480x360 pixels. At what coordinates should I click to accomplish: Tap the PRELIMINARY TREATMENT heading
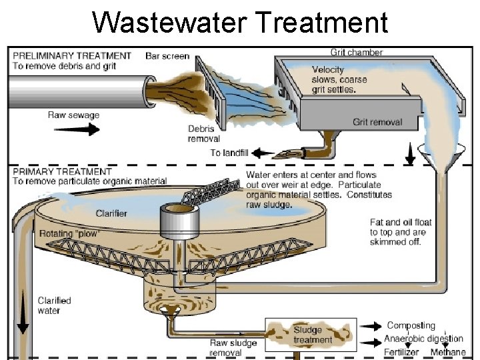(72, 56)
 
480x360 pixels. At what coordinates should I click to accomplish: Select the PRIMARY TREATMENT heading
(61, 172)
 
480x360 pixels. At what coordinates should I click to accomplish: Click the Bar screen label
(167, 56)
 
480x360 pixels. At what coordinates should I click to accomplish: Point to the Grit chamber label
(357, 52)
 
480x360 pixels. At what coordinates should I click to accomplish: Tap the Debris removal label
(204, 133)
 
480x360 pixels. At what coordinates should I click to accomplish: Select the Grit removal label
(377, 122)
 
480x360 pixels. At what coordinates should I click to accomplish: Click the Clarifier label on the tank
(111, 213)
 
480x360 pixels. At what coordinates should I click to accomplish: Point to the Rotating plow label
(69, 234)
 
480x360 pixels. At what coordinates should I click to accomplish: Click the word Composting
(411, 325)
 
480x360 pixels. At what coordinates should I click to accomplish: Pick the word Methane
(447, 352)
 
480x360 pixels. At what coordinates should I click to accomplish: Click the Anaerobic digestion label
(423, 339)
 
